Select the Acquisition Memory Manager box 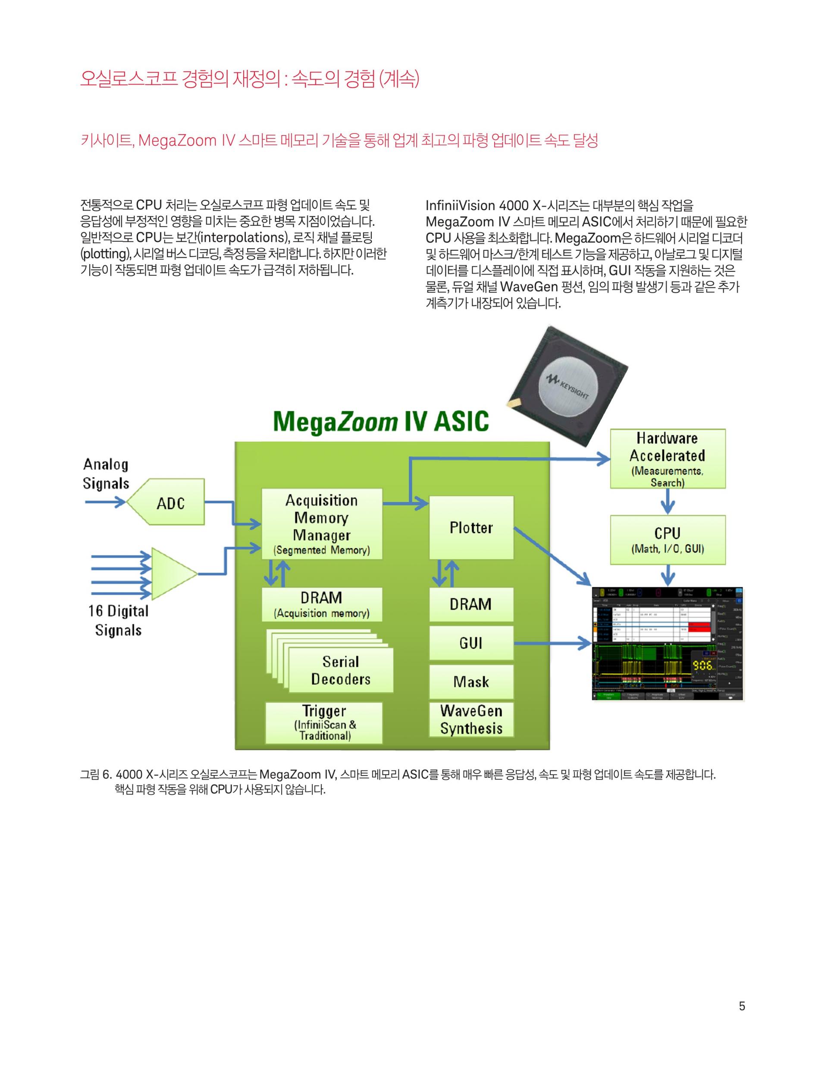tap(322, 524)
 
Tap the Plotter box tap(471, 527)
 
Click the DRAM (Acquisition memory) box tap(322, 604)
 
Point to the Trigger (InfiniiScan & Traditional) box tap(324, 722)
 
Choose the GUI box tap(471, 643)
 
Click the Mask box tap(471, 681)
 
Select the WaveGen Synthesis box tap(471, 719)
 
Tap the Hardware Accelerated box tap(667, 458)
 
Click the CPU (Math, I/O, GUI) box tap(667, 539)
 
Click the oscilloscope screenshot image tap(667, 643)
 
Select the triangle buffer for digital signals tap(172, 573)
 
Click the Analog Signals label tap(106, 474)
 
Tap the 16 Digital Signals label tap(118, 621)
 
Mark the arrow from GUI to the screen tap(552, 643)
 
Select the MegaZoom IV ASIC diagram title tap(381, 422)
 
